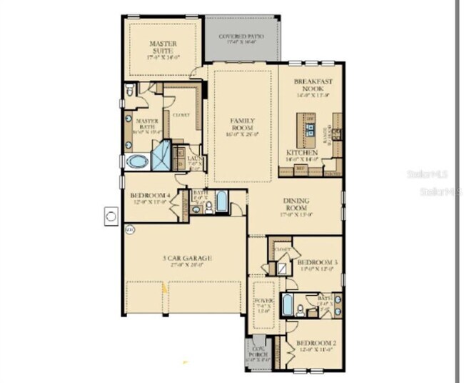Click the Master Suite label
tap(163, 48)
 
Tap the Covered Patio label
tap(241, 36)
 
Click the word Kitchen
tap(301, 153)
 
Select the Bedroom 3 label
tap(316, 262)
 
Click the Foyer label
tap(263, 302)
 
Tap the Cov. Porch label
tap(258, 346)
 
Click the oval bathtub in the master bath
tap(138, 161)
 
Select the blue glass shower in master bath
tap(163, 154)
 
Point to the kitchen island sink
tap(312, 129)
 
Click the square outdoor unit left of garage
tap(111, 214)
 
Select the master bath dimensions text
tap(146, 131)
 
